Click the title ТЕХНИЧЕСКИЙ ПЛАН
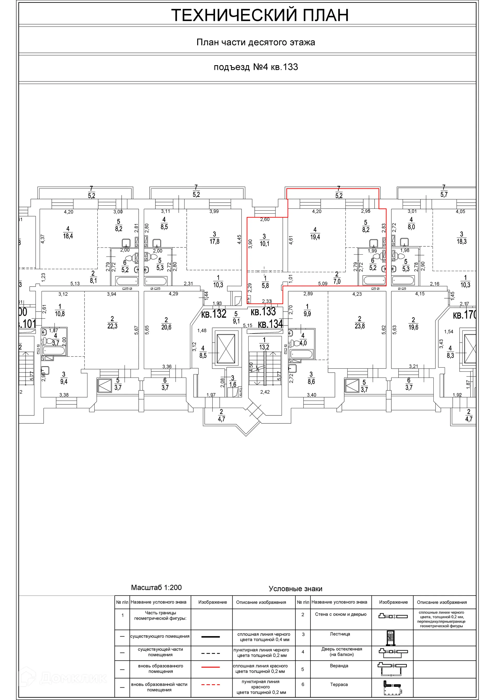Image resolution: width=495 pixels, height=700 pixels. pyautogui.click(x=260, y=15)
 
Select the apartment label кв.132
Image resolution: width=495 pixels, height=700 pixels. pyautogui.click(x=213, y=314)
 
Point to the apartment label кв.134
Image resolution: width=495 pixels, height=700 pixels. pyautogui.click(x=270, y=324)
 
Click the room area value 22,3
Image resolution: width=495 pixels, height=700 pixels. pyautogui.click(x=112, y=326)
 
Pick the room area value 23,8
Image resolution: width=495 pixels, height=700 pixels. pyautogui.click(x=360, y=326)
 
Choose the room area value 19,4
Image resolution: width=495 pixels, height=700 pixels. pyautogui.click(x=315, y=237)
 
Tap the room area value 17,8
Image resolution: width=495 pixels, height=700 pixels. pyautogui.click(x=214, y=241)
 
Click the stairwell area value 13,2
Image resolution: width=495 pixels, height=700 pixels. pyautogui.click(x=264, y=347)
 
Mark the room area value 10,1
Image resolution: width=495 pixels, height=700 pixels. pyautogui.click(x=265, y=243)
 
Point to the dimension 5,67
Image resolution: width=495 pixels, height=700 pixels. pyautogui.click(x=136, y=330)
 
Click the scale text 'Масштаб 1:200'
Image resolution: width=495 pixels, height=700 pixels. pyautogui.click(x=156, y=587)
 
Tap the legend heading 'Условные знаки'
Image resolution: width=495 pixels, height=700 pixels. pyautogui.click(x=295, y=588)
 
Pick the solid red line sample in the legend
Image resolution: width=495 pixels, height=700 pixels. pyautogui.click(x=210, y=667)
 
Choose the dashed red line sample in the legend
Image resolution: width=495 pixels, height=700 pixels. pyautogui.click(x=210, y=685)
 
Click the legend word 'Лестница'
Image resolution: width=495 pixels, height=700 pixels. pyautogui.click(x=340, y=634)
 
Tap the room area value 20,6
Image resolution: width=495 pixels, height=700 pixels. pyautogui.click(x=166, y=327)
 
